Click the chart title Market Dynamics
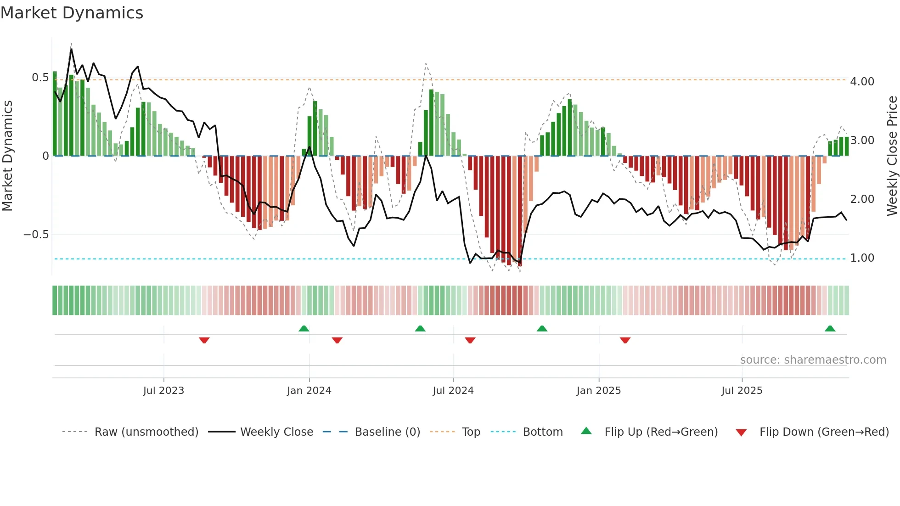(x=72, y=13)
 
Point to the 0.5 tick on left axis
(x=40, y=78)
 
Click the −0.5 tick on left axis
(x=36, y=235)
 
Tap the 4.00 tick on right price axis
(x=862, y=82)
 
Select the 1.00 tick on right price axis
(x=862, y=258)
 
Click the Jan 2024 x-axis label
(x=309, y=391)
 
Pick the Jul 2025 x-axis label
(x=742, y=391)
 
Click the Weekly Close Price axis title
(x=892, y=156)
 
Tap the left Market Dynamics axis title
(x=7, y=156)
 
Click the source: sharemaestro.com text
(x=813, y=360)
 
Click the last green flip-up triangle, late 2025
(x=830, y=329)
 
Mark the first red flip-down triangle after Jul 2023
(x=204, y=340)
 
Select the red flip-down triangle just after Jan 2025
(x=625, y=340)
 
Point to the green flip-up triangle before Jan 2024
(x=304, y=329)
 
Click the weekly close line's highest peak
(x=71, y=49)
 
